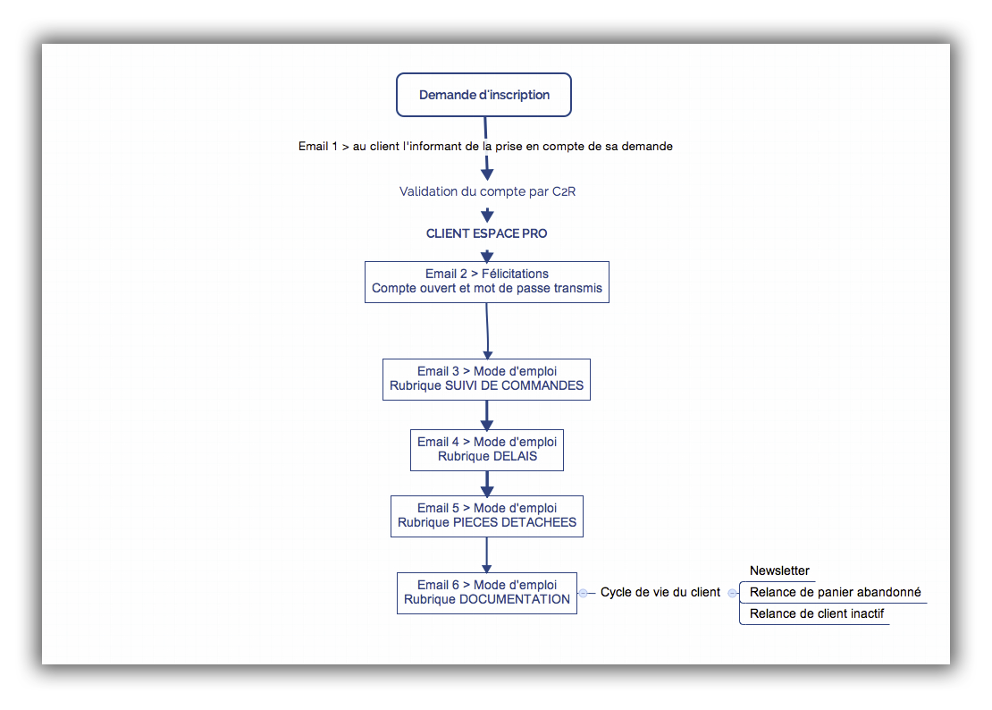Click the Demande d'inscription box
[x=484, y=95]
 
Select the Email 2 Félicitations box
[x=487, y=283]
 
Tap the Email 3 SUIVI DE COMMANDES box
[x=486, y=380]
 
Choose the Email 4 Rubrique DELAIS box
[x=487, y=451]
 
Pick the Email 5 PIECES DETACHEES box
[x=487, y=516]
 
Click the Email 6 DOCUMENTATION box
[x=487, y=594]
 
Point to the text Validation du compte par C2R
[x=487, y=191]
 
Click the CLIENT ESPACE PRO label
[x=486, y=233]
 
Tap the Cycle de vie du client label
[x=660, y=592]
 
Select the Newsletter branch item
[x=779, y=571]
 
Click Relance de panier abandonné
[x=835, y=592]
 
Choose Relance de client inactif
[x=817, y=613]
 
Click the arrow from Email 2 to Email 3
[x=487, y=331]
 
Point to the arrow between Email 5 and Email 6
[x=486, y=555]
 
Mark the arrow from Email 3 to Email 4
[x=486, y=416]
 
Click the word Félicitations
[x=515, y=274]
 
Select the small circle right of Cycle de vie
[x=732, y=593]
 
